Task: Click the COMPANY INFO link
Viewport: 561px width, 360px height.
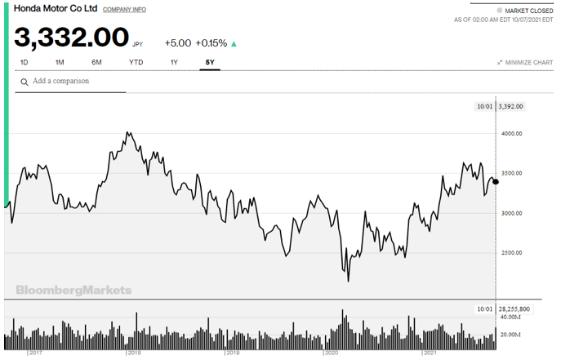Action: coord(125,10)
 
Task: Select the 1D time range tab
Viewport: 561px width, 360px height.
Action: coord(24,62)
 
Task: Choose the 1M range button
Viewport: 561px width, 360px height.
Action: coord(60,62)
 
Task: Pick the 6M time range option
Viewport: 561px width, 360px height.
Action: coord(96,62)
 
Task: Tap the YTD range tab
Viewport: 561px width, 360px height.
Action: coord(136,62)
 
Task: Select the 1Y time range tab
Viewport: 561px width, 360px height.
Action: coord(174,62)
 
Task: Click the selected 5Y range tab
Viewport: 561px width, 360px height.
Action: coord(210,62)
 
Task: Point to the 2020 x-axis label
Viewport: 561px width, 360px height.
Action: coord(332,353)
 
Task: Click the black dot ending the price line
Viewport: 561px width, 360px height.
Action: coord(496,181)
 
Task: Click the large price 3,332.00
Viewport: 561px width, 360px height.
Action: coord(71,38)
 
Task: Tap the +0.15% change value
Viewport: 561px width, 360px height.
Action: coord(212,43)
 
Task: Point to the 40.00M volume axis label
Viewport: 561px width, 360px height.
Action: coord(511,317)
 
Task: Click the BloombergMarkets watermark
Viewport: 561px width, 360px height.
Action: coord(73,290)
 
